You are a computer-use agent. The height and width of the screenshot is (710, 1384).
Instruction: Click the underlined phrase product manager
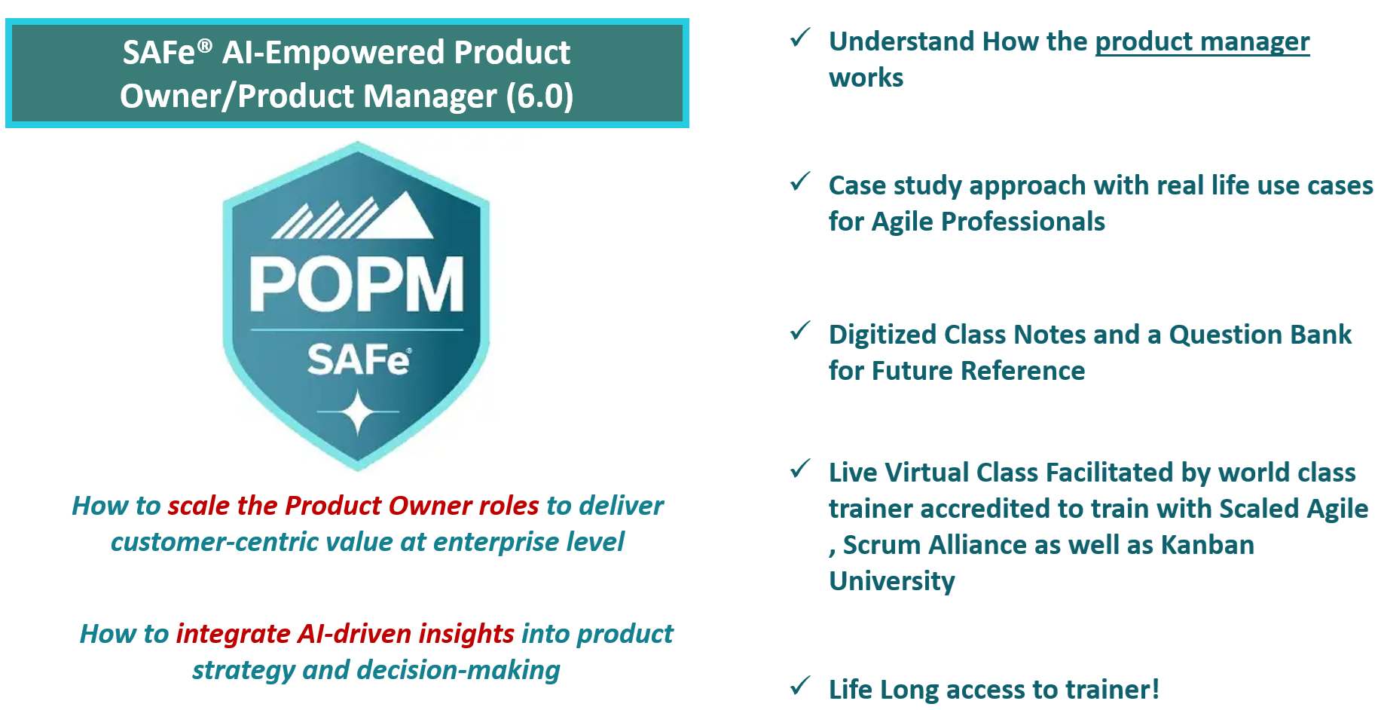click(x=1202, y=42)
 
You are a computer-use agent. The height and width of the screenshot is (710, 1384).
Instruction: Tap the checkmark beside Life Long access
click(x=800, y=686)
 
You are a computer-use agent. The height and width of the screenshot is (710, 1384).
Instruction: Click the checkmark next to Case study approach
click(x=800, y=182)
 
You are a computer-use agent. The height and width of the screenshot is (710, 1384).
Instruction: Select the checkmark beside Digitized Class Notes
click(x=800, y=331)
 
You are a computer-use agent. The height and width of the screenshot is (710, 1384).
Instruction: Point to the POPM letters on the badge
click(x=356, y=285)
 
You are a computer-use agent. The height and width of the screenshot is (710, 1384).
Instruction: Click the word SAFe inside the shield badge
click(x=359, y=360)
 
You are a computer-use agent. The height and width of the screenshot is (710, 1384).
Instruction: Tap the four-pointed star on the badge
click(x=358, y=412)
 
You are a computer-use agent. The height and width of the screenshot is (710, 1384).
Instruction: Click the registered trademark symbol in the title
click(x=205, y=46)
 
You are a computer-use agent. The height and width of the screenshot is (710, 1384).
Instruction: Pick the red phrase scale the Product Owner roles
click(x=353, y=506)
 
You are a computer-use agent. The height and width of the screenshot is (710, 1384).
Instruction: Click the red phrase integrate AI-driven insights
click(x=345, y=634)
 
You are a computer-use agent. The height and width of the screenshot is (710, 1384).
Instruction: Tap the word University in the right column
click(x=892, y=581)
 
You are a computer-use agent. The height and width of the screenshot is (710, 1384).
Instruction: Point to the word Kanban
click(x=1207, y=545)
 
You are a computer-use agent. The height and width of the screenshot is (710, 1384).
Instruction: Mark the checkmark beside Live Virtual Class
click(x=800, y=469)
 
